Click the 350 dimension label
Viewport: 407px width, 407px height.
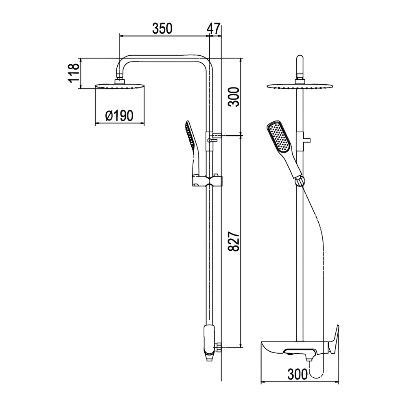(x=162, y=28)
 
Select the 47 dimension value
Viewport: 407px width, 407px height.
(x=214, y=28)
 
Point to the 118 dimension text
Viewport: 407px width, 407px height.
(x=73, y=73)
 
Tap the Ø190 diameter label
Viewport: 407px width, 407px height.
(x=119, y=116)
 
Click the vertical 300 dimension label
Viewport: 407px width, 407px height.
(x=234, y=96)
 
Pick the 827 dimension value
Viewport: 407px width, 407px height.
(x=234, y=244)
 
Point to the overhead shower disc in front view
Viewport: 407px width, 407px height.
(x=300, y=86)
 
